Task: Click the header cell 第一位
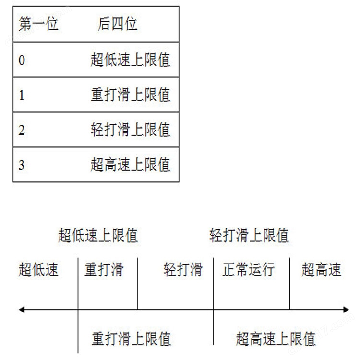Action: (x=38, y=24)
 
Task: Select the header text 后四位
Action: (x=118, y=24)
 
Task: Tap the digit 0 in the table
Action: (x=22, y=60)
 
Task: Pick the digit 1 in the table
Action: (x=22, y=95)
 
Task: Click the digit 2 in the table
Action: (x=22, y=130)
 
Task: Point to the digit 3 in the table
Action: (x=22, y=165)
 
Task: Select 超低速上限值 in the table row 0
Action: (x=131, y=60)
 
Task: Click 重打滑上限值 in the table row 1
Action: (x=131, y=95)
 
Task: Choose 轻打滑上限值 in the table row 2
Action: (x=131, y=130)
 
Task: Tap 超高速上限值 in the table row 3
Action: (x=131, y=165)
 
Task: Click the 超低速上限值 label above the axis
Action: (x=98, y=235)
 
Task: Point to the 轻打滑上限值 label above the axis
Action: (x=249, y=235)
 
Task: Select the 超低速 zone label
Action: (x=38, y=269)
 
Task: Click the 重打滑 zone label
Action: (x=104, y=269)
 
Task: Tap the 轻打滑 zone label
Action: (x=183, y=269)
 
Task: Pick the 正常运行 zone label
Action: (x=249, y=269)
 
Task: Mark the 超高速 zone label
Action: (x=322, y=269)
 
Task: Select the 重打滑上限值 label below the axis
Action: (x=132, y=339)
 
